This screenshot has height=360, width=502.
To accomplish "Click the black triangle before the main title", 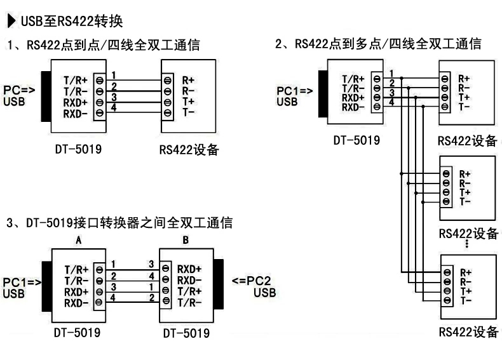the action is (x=11, y=21).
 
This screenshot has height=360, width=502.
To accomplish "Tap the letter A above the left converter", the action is (x=78, y=240).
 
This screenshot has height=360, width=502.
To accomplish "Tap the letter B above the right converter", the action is (x=186, y=240).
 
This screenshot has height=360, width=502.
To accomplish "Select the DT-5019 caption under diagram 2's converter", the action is (x=356, y=140).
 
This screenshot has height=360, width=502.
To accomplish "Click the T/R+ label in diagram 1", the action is (x=75, y=80).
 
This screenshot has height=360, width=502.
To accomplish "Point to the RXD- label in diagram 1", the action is (x=75, y=114).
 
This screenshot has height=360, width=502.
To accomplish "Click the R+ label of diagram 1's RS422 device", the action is (x=188, y=80).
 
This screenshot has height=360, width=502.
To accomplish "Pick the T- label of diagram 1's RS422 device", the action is (x=188, y=112).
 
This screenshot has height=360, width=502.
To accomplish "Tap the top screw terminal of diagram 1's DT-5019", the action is (x=100, y=81).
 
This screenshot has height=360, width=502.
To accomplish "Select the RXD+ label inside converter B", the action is (x=189, y=269).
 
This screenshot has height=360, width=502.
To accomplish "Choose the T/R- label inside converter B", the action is (x=189, y=302).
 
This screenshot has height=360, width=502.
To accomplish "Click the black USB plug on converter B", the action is (x=219, y=284).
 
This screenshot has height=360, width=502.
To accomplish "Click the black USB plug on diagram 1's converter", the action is (x=46, y=97).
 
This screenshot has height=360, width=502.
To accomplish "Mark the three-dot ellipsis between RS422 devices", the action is (x=467, y=243).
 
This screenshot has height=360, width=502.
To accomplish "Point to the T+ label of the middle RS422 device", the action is (x=465, y=192).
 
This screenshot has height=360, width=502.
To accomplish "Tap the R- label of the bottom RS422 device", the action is (x=466, y=282).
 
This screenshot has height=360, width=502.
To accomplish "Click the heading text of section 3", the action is (x=119, y=223).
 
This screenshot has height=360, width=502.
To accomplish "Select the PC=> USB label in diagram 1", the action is (x=19, y=95).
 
